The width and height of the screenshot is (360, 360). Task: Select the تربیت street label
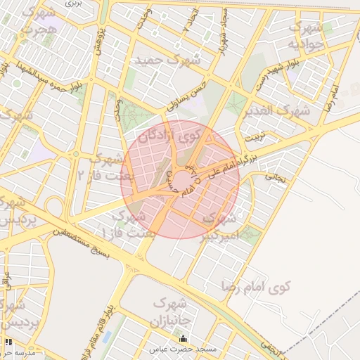(257, 138)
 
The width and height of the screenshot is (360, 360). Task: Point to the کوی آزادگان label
(169, 134)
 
